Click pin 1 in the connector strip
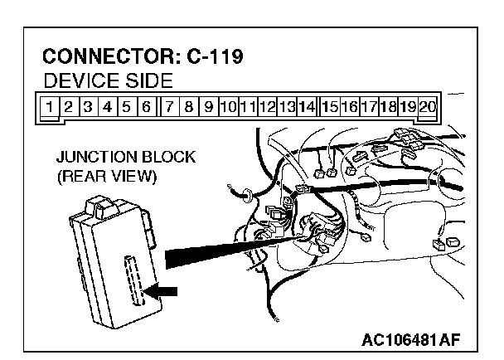click(x=51, y=106)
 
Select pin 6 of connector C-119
click(x=145, y=106)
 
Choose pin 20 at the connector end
click(x=428, y=106)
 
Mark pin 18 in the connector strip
click(x=389, y=106)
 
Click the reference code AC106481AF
click(x=410, y=339)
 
